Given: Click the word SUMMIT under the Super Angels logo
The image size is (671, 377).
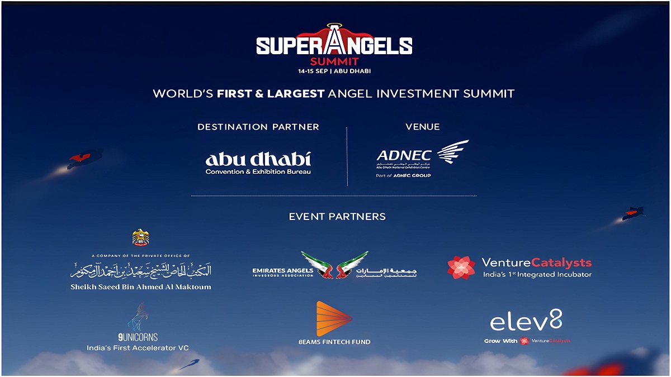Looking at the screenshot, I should (x=334, y=61).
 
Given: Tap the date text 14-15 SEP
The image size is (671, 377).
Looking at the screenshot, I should (x=314, y=71).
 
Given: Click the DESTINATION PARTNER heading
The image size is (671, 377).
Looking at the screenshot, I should (x=258, y=127).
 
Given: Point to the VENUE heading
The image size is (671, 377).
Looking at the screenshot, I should (x=422, y=127).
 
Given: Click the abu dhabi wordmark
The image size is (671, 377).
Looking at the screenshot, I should (x=258, y=159).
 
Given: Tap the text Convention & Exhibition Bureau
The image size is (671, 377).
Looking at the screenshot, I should (x=258, y=171).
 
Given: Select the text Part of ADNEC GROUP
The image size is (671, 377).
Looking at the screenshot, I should (x=403, y=175).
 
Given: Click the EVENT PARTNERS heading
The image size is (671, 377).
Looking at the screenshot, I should (x=337, y=216).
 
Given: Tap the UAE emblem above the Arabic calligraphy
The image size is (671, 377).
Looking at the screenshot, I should (x=140, y=237).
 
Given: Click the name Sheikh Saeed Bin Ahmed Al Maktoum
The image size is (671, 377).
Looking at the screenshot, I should (x=141, y=287).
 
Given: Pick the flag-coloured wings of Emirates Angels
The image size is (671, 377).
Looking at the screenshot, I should (x=334, y=265).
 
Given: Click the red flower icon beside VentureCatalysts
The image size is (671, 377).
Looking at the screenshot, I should (x=461, y=268).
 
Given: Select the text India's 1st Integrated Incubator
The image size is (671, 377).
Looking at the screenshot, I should (x=537, y=274).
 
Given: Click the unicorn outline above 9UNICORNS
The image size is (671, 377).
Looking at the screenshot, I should (x=138, y=317).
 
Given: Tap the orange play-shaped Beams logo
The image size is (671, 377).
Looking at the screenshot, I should (x=333, y=319).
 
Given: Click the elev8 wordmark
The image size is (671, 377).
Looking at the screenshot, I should (x=526, y=321).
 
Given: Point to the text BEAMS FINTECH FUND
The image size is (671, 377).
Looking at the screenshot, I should (x=334, y=342).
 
